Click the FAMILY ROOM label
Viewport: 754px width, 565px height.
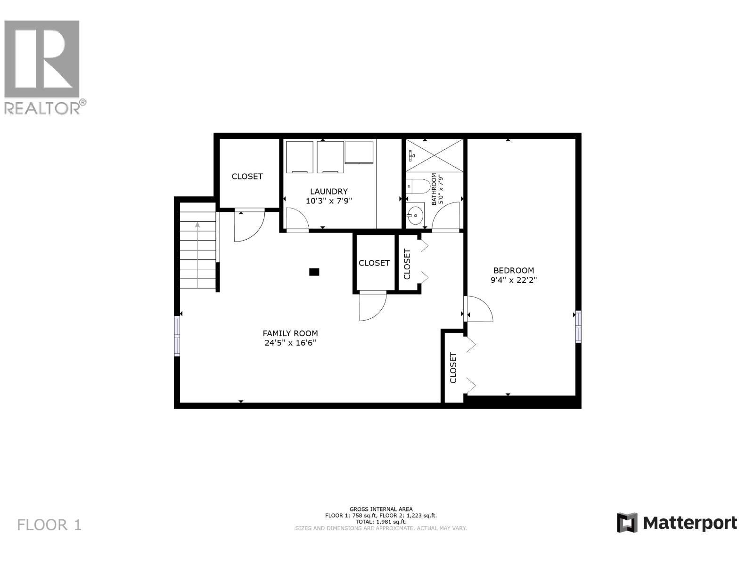(290, 333)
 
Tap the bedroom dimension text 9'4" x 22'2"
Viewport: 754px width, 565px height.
(513, 280)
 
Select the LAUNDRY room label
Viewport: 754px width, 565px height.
(328, 191)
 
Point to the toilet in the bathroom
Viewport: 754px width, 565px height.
(417, 187)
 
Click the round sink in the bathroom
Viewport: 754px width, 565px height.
(416, 216)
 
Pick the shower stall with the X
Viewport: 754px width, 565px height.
(434, 155)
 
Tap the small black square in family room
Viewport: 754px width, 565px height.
(314, 272)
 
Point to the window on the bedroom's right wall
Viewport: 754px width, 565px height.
(578, 326)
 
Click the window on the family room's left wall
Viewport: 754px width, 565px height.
(177, 336)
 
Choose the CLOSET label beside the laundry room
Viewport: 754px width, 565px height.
(247, 176)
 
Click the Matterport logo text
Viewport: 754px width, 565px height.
(690, 523)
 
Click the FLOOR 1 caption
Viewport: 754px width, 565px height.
(49, 525)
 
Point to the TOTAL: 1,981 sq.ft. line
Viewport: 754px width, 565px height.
(381, 522)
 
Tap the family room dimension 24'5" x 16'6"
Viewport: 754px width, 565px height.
(290, 343)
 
